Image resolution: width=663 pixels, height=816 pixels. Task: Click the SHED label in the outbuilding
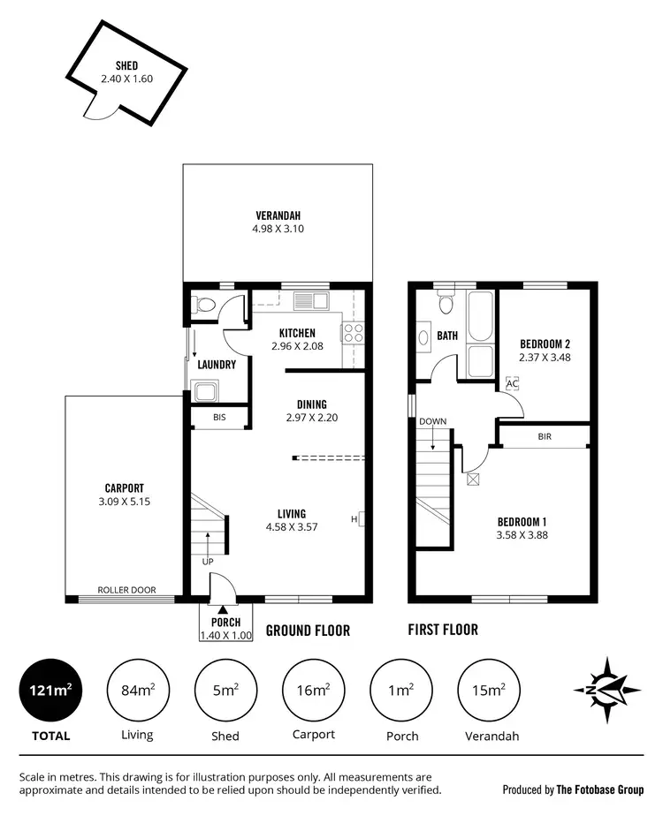(x=126, y=65)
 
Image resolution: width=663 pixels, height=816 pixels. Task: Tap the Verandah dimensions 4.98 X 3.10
(x=278, y=229)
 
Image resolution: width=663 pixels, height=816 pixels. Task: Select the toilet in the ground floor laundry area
(x=205, y=306)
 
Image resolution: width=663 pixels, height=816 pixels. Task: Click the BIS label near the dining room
(x=219, y=419)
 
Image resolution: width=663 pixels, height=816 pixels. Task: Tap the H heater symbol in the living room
(x=354, y=519)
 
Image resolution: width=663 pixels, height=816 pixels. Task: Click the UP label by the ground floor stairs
(x=209, y=561)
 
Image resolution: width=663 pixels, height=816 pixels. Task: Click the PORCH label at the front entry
(x=225, y=622)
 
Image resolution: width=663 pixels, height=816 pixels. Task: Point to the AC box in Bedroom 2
(x=511, y=384)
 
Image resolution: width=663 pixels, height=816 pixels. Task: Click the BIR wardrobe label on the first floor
(x=544, y=436)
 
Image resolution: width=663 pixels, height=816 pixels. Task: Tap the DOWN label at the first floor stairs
(x=433, y=421)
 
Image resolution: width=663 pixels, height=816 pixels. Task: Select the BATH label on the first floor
(x=447, y=336)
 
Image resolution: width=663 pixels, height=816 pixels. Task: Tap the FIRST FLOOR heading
(x=443, y=630)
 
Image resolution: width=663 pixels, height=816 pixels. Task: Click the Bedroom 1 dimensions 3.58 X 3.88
(x=522, y=534)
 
